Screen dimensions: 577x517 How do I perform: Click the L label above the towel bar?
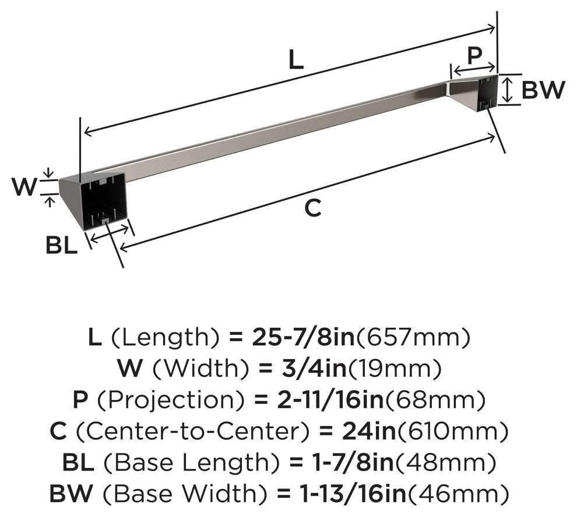coord(296,59)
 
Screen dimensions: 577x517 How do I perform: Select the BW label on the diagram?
coord(543,90)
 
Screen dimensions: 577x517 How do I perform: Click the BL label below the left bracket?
coord(61,245)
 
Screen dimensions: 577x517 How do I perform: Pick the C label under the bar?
coord(313,207)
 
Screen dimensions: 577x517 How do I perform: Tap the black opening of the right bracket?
coord(487,93)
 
